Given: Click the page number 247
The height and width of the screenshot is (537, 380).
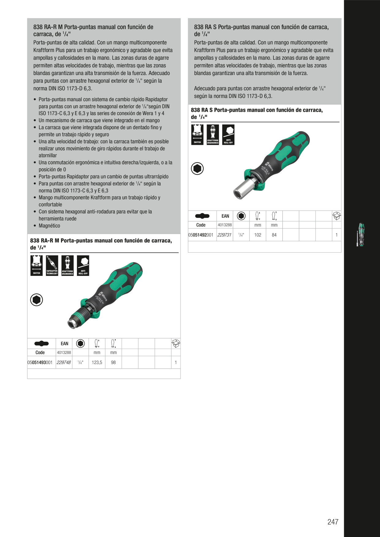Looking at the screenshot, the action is pos(333,522).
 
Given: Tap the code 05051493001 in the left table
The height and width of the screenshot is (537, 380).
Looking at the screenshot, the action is pos(40,362).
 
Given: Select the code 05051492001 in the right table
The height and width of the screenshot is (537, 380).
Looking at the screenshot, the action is pos(201,235).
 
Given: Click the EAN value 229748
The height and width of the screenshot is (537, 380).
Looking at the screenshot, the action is pos(64,362).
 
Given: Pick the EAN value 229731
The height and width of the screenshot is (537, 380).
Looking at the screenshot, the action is pos(224,235).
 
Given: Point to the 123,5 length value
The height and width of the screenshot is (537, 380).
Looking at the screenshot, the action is pos(97,362).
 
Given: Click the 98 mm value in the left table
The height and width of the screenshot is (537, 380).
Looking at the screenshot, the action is pos(113,362).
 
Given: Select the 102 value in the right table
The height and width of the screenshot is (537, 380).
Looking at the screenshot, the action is pos(258,235).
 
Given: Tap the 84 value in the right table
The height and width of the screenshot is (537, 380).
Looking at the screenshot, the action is pos(274,235).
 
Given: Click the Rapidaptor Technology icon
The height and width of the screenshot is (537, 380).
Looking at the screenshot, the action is pos(52,265).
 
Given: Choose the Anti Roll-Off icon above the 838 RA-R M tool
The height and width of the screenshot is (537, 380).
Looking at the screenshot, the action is pos(83,265).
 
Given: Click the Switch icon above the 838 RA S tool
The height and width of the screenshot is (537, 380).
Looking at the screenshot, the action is pos(197,135).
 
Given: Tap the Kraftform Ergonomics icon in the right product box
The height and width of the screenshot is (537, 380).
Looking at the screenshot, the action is pos(213,135).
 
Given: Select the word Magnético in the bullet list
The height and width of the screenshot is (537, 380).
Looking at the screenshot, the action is pos(49,226).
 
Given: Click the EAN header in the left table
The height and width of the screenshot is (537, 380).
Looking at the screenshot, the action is pos(64,344).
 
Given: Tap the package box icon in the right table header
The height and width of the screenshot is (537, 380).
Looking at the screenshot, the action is pos(336,216).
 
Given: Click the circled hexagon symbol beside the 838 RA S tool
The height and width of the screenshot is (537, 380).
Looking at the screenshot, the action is pos(197,168).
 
